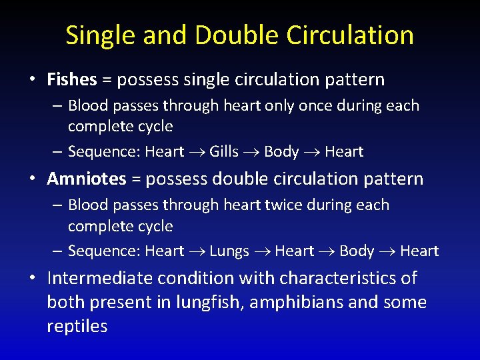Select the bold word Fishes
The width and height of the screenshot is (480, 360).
(x=72, y=80)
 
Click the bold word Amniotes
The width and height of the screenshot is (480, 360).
(x=86, y=179)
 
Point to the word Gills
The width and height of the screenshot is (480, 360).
(x=224, y=152)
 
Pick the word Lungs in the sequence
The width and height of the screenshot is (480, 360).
(x=229, y=251)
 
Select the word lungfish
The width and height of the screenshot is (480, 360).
(x=205, y=302)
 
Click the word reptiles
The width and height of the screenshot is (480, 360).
(x=77, y=326)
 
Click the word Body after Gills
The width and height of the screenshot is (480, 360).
(x=281, y=152)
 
